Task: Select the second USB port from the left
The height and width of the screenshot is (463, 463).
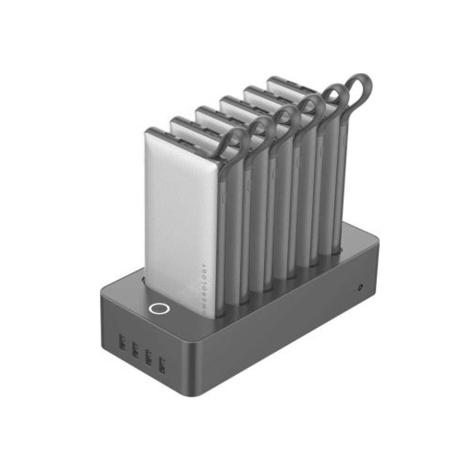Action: coord(136,350)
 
